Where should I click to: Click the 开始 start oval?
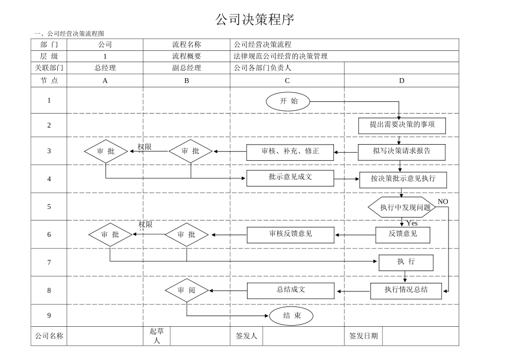pos(288,101)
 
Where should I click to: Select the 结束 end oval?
pos(291,316)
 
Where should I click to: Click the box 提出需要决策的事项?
pos(402,125)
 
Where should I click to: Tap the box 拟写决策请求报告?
pos(402,151)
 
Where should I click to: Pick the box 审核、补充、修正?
pos(290,152)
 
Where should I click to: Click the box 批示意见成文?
pos(290,177)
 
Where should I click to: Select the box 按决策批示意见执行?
pos(403,178)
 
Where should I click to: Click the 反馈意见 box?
pos(402,234)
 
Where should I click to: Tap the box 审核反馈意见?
pos(290,234)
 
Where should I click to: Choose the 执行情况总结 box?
pos(406,290)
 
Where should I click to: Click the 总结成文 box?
pos(291,290)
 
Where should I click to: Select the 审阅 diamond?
pos(186,290)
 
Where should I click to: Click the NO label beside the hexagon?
pos(443,201)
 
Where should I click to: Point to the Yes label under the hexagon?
pos(411,223)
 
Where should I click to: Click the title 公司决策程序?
pos(254,20)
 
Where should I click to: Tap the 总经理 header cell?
pos(105,68)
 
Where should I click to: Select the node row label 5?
pos(49,207)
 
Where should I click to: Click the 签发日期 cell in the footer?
pos(363,336)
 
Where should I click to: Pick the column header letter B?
pos(186,81)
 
